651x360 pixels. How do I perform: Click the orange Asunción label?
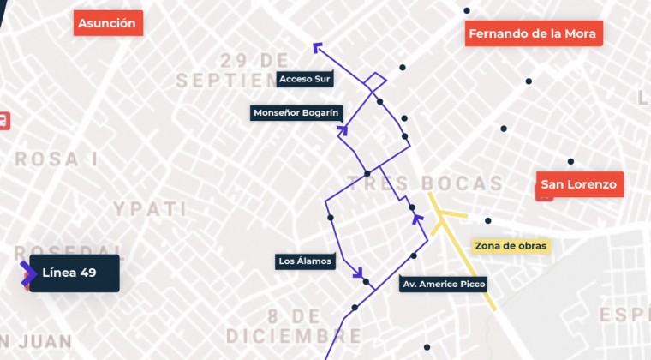(107, 23)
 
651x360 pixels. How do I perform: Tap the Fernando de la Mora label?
(535, 34)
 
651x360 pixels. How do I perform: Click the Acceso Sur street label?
(304, 79)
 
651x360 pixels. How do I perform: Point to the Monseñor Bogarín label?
(297, 112)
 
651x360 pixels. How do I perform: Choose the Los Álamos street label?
(305, 261)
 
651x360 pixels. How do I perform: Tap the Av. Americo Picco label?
(443, 284)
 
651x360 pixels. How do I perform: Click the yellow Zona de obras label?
(511, 246)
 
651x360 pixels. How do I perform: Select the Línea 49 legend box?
(75, 273)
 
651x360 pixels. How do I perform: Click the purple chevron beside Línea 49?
(28, 273)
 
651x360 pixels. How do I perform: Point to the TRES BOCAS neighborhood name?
(425, 183)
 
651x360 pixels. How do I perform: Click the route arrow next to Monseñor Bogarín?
(343, 130)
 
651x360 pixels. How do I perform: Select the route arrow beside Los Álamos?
(358, 274)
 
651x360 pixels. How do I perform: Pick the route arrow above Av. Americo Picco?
(418, 219)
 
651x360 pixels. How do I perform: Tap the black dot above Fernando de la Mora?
(467, 10)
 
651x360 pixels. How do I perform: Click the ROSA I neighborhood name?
(56, 159)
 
